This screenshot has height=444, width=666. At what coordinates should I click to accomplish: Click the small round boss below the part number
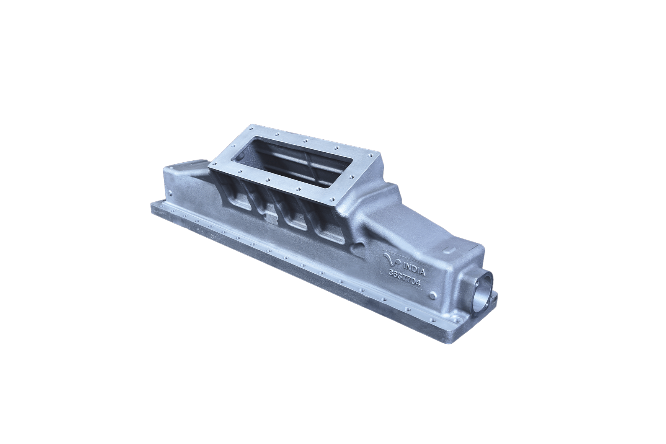433,295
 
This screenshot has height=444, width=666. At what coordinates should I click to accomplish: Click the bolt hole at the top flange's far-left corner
251,127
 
